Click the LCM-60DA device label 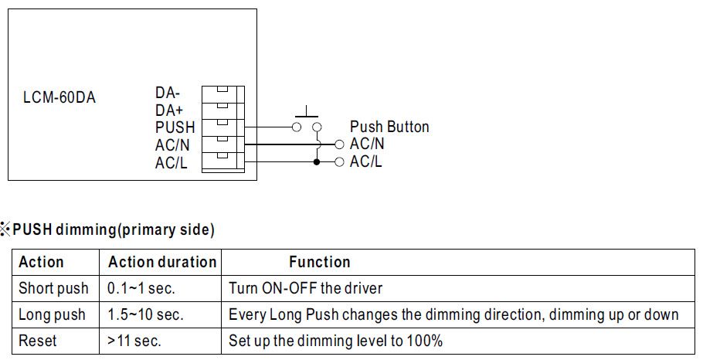pos(59,98)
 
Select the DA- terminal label pos(168,93)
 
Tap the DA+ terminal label pos(168,110)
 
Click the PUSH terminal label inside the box pos(175,127)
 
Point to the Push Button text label pos(389,127)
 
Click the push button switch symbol pos(307,124)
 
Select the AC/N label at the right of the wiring pos(367,144)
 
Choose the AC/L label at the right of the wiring pos(366,161)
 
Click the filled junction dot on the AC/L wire pos(316,162)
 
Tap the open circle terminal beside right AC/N pos(338,144)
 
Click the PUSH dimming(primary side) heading pos(114,229)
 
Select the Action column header pos(41,262)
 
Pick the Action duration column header pos(162,262)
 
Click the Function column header pos(320,262)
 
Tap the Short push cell pos(53,289)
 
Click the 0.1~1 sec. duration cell pos(141,289)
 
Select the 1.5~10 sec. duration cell pos(145,314)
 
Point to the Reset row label pos(38,341)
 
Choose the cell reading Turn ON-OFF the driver pos(306,289)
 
